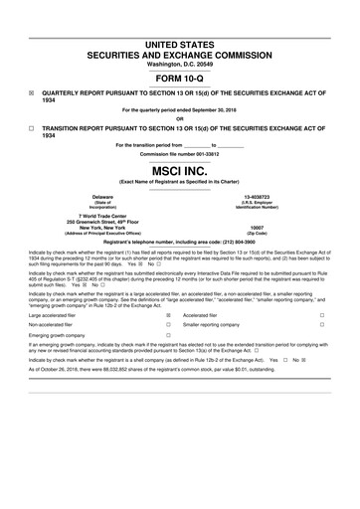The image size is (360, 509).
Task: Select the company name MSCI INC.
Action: (x=179, y=171)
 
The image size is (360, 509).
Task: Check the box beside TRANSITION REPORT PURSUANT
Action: (x=32, y=128)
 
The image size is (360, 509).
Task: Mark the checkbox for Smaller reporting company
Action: (x=322, y=325)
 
